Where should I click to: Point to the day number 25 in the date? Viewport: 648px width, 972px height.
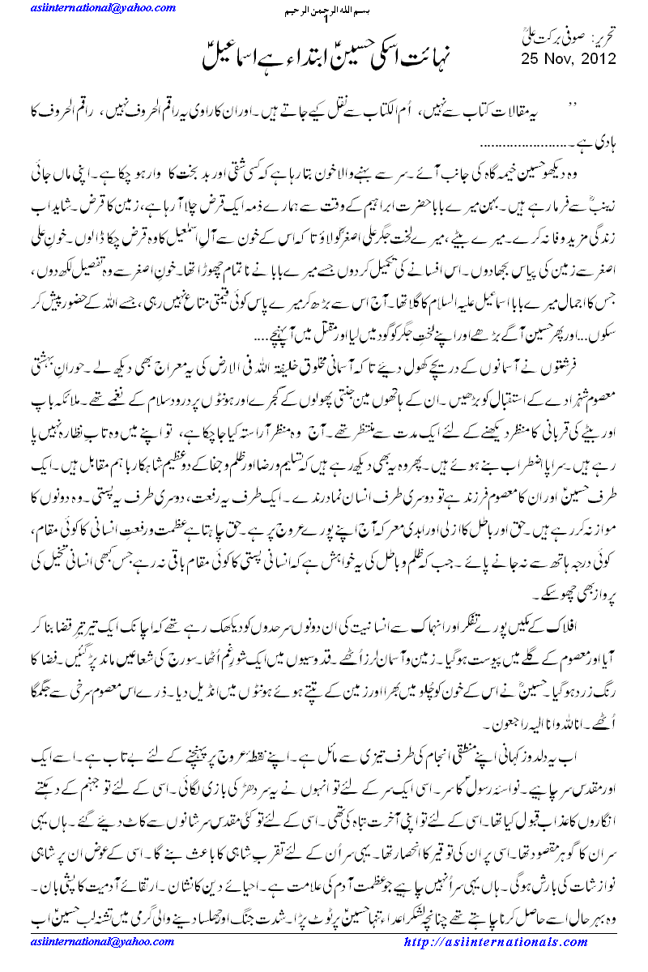click(531, 58)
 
